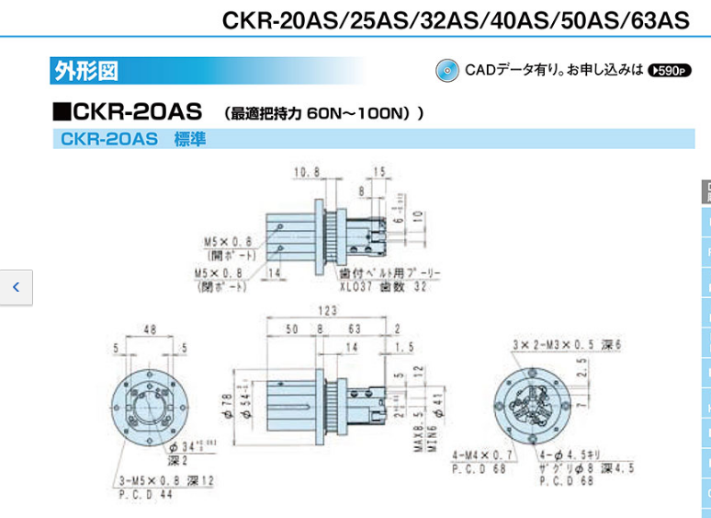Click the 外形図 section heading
(85, 70)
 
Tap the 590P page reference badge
(669, 70)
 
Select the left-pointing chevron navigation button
(16, 287)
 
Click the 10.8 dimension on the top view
(306, 172)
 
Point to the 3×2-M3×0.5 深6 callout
(568, 343)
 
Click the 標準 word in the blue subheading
(190, 139)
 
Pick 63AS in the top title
(657, 20)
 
